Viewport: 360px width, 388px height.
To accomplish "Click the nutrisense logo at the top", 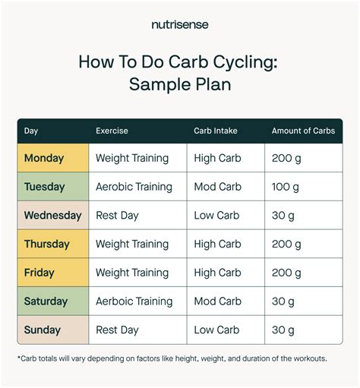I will click(180, 24).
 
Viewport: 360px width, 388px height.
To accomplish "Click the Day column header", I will click(31, 131).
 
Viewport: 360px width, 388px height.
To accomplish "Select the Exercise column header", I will click(112, 131).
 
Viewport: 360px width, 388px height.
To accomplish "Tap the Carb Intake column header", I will click(216, 131).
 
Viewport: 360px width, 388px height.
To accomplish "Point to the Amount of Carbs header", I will click(303, 131).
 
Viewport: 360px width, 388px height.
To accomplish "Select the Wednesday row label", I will click(52, 216).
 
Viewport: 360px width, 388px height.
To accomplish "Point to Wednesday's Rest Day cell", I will click(117, 216).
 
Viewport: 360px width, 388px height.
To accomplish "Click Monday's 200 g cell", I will click(286, 158).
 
